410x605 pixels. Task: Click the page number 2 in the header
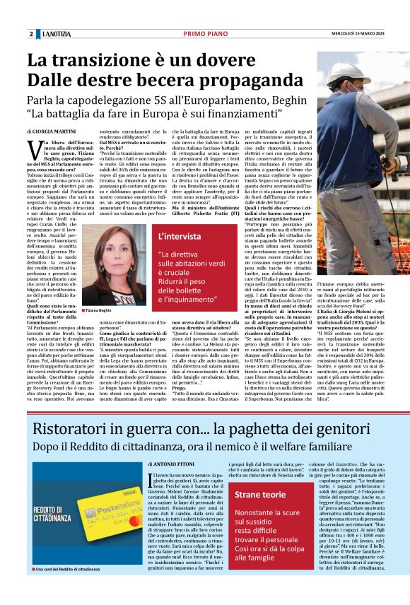(31, 34)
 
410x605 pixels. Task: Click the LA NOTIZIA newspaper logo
(57, 34)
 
